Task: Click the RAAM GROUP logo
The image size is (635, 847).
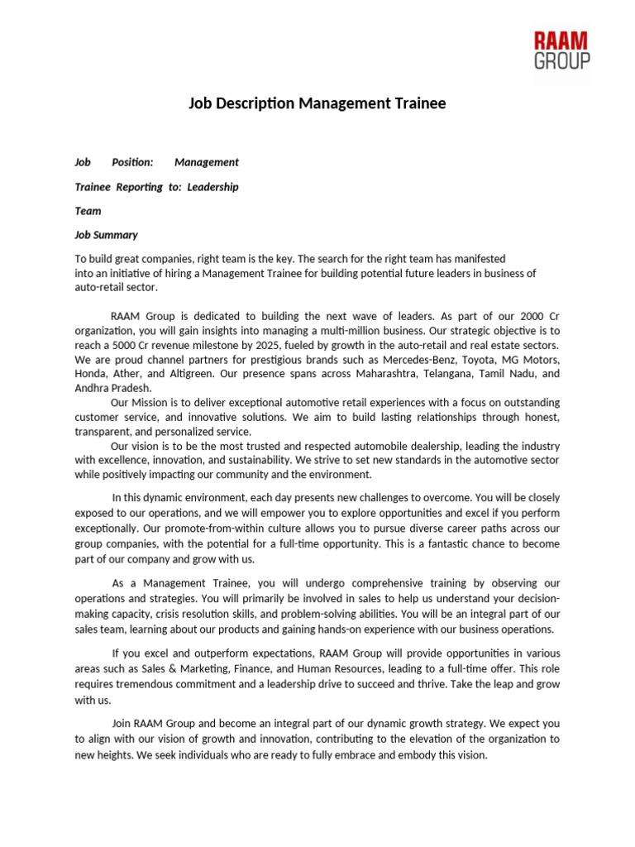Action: (561, 50)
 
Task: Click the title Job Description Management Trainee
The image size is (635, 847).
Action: (317, 103)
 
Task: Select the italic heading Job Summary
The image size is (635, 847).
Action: (106, 235)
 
